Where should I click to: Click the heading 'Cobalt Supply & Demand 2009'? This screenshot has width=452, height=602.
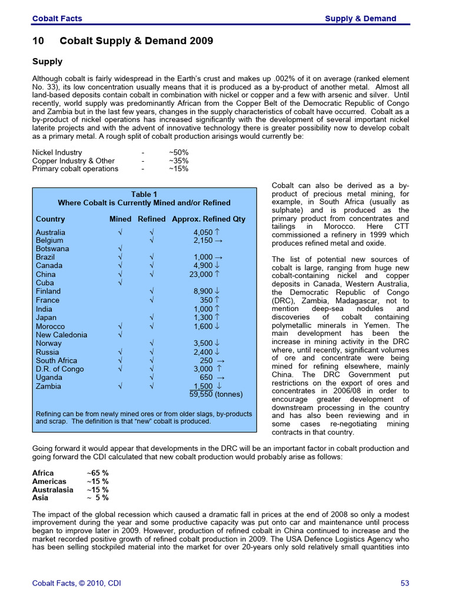(137, 41)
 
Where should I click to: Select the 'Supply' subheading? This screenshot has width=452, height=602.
(47, 61)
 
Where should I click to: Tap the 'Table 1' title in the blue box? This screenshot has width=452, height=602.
(144, 194)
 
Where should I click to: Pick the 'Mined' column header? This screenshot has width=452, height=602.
(121, 219)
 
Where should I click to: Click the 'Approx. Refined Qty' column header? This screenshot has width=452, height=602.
(208, 219)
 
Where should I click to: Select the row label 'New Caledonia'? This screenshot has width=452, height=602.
(61, 335)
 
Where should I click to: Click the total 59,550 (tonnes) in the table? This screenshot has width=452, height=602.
(216, 394)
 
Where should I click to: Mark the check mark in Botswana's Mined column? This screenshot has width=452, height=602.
(120, 249)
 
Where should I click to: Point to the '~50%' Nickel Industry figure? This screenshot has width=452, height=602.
(178, 152)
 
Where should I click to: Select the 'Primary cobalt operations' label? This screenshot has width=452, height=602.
(75, 169)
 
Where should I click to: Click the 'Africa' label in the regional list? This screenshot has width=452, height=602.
(43, 473)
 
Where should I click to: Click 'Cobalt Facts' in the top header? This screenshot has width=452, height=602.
(57, 18)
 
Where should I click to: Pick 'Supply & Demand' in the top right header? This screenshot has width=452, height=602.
(361, 18)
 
